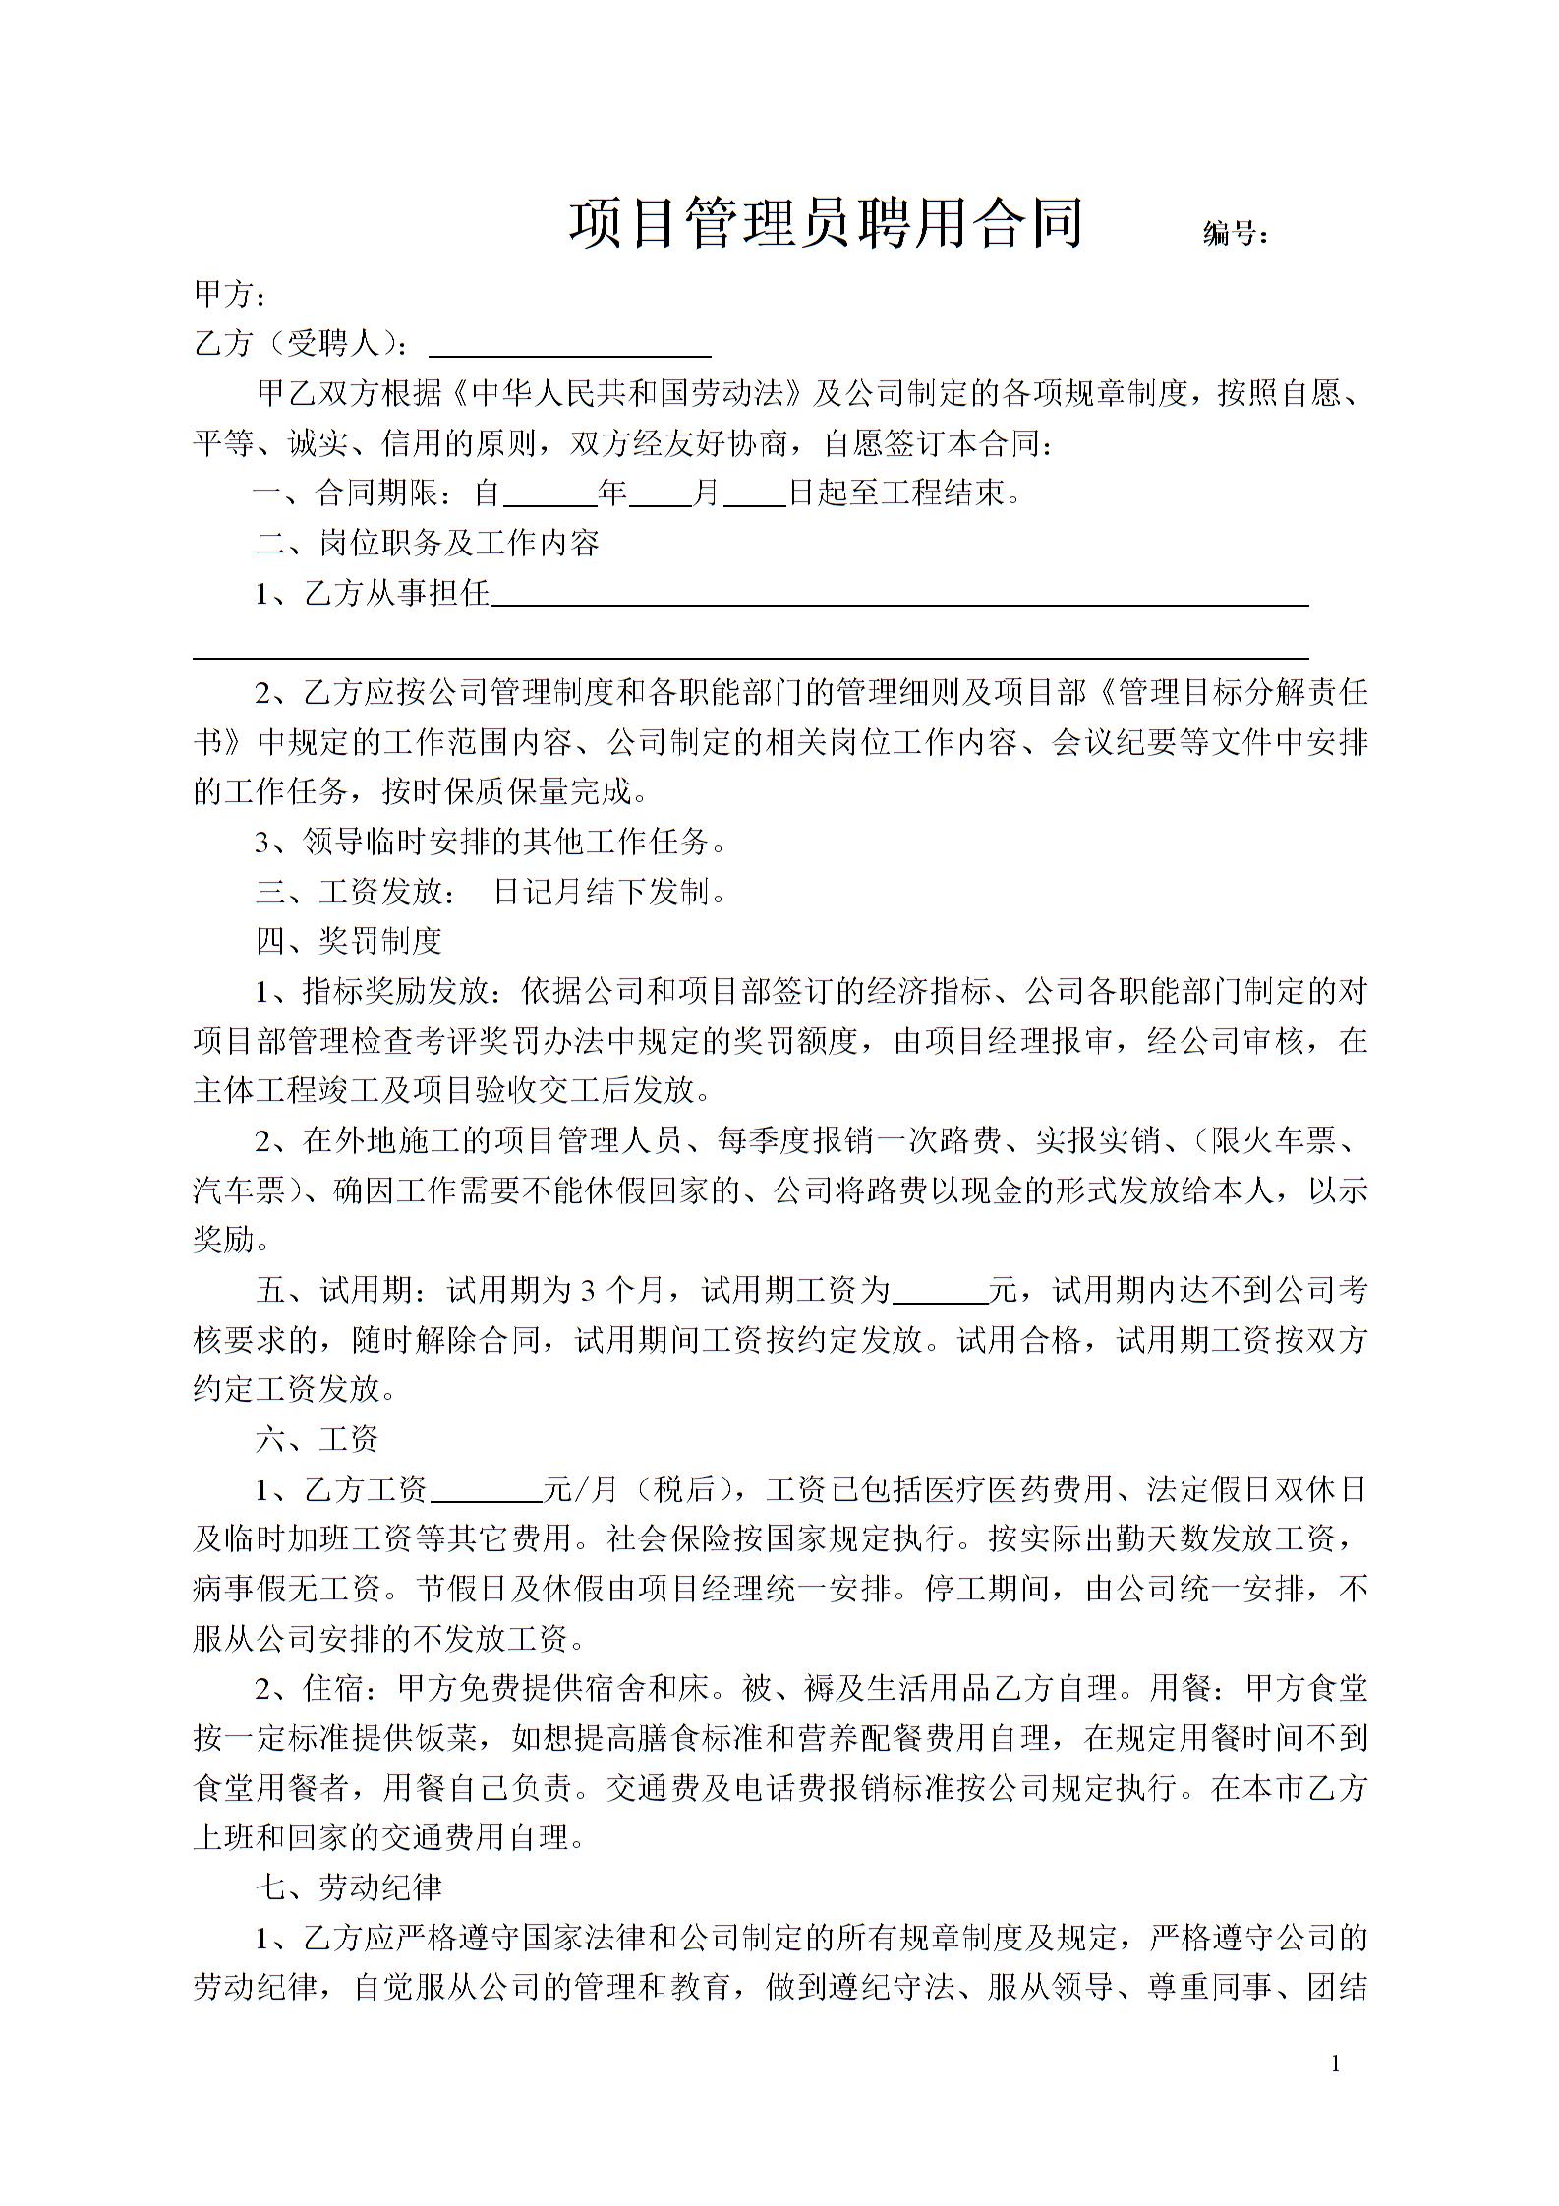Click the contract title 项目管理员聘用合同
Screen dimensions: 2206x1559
(x=826, y=223)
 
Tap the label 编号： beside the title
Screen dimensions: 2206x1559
(x=1236, y=234)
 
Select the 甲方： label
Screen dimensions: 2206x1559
(x=229, y=293)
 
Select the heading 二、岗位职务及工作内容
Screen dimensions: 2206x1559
(x=427, y=543)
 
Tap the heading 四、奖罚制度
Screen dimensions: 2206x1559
(x=348, y=941)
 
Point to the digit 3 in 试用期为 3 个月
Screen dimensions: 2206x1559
(x=589, y=1291)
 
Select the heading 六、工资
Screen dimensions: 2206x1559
(x=317, y=1440)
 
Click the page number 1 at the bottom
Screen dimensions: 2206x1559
(x=1335, y=2064)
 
